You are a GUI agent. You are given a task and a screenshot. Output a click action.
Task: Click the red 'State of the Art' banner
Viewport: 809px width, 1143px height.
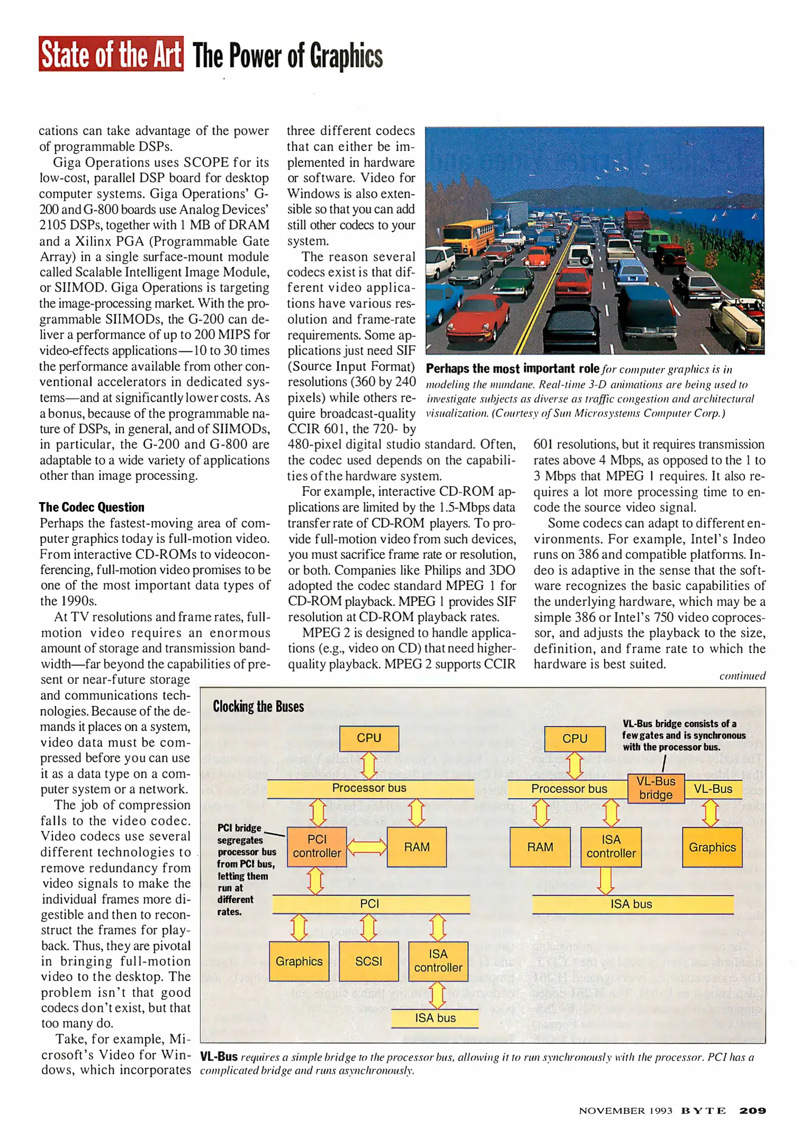click(111, 54)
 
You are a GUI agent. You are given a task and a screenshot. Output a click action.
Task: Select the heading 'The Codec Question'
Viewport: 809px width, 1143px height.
click(92, 507)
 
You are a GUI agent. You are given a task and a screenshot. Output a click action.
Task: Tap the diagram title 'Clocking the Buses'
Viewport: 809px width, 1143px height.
click(258, 706)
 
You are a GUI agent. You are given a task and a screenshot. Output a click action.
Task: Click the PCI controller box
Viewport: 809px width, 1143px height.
click(317, 846)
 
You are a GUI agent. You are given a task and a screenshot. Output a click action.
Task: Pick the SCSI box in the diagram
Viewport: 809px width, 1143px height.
click(368, 961)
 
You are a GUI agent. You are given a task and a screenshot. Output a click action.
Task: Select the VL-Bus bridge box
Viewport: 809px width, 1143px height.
click(656, 788)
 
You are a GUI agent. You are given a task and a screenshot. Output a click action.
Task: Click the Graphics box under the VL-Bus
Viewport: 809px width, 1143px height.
click(712, 847)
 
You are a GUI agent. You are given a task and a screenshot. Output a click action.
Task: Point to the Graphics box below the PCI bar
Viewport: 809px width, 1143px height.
click(299, 961)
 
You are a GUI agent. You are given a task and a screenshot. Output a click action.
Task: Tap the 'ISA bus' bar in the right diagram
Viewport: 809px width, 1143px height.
click(632, 904)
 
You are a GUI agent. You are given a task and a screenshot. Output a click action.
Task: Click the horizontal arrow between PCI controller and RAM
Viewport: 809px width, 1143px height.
click(367, 847)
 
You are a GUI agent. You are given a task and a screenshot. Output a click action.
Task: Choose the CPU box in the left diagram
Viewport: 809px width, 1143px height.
click(369, 738)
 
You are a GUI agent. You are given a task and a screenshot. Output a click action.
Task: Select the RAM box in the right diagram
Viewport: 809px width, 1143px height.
click(540, 847)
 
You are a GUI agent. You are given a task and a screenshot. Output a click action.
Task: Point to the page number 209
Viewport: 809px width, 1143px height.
click(752, 1111)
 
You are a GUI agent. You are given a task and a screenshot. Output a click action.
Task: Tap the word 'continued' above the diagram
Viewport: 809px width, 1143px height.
click(742, 676)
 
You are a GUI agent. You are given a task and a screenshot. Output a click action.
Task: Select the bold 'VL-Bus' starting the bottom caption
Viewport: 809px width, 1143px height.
click(219, 1057)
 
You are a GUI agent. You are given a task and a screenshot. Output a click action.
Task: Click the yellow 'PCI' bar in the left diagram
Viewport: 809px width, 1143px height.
click(370, 904)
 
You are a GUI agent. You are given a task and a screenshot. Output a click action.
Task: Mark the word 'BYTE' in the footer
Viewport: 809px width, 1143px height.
click(703, 1111)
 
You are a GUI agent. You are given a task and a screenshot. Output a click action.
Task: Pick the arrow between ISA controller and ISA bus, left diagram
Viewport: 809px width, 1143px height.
click(438, 995)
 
